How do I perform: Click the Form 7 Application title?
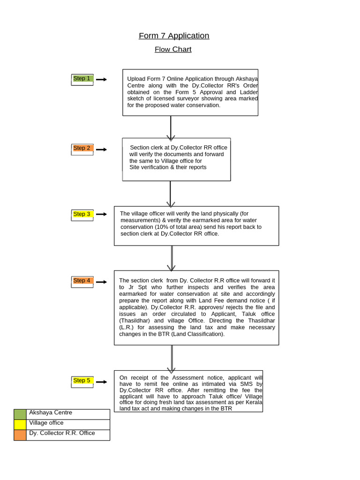pyautogui.click(x=174, y=36)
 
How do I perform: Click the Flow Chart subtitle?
pyautogui.click(x=173, y=49)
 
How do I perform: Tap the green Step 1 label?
pyautogui.click(x=82, y=79)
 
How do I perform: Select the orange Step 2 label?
pyautogui.click(x=82, y=148)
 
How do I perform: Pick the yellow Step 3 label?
pyautogui.click(x=82, y=214)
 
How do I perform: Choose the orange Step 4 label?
pyautogui.click(x=82, y=281)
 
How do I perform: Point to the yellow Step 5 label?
pyautogui.click(x=82, y=381)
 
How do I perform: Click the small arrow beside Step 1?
pyautogui.click(x=101, y=80)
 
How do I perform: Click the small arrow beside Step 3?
pyautogui.click(x=101, y=214)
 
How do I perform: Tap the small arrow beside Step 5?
pyautogui.click(x=101, y=382)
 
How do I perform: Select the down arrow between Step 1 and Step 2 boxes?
pyautogui.click(x=171, y=127)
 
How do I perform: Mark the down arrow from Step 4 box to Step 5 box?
pyautogui.click(x=172, y=358)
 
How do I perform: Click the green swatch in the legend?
pyautogui.click(x=20, y=414)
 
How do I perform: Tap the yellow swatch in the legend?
pyautogui.click(x=20, y=425)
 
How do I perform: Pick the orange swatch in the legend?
pyautogui.click(x=20, y=435)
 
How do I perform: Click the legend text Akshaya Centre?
pyautogui.click(x=51, y=413)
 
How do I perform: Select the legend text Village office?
pyautogui.click(x=46, y=423)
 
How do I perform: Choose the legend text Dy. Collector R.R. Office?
pyautogui.click(x=62, y=433)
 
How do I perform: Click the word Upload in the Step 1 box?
pyautogui.click(x=136, y=79)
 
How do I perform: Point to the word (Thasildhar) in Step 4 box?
pyautogui.click(x=135, y=321)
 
